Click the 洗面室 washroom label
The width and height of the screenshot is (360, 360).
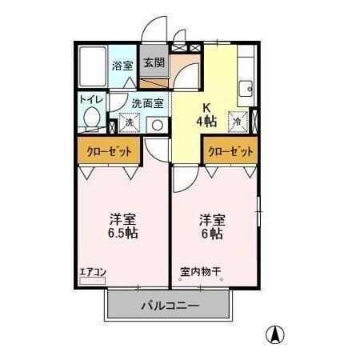147,103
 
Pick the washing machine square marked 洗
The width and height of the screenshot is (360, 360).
129,124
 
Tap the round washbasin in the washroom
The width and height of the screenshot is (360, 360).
157,125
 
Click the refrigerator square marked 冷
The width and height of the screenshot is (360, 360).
238,121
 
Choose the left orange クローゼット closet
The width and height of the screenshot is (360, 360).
108,150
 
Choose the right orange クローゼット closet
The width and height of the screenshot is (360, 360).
230,150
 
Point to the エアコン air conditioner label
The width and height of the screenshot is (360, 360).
93,272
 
